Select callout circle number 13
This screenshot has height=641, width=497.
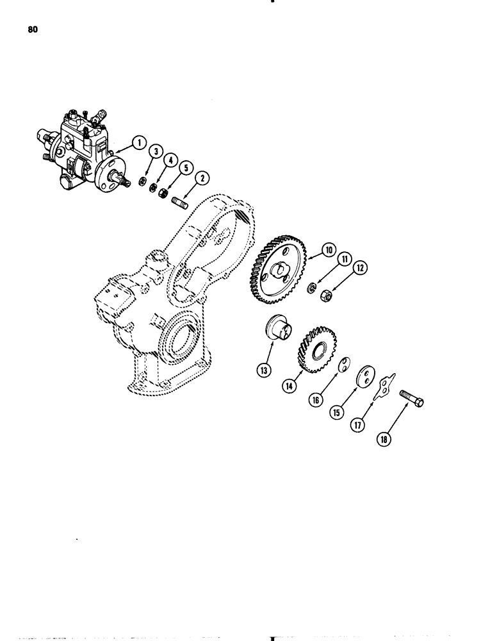[263, 370]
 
